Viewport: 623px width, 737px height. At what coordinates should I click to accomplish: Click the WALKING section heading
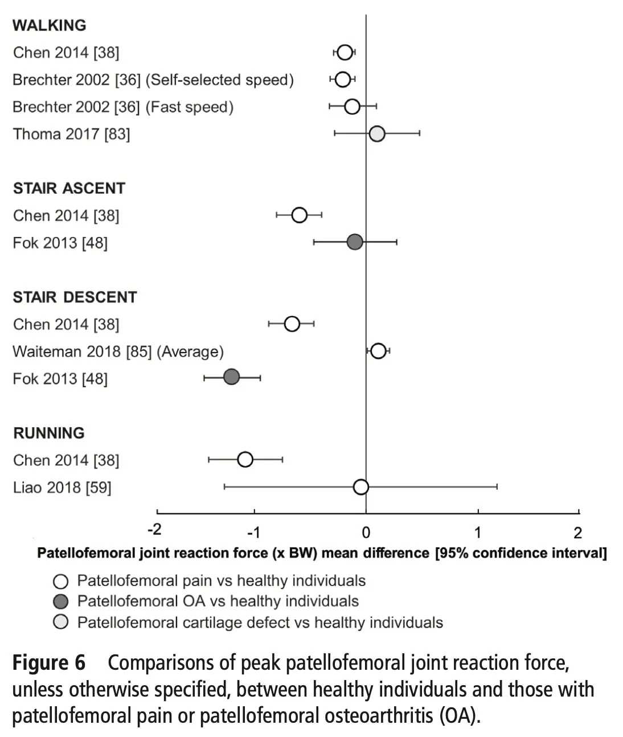(x=49, y=25)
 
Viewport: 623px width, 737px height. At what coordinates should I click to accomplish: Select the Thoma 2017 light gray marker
(x=377, y=134)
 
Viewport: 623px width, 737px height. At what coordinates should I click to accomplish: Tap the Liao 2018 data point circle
(x=361, y=487)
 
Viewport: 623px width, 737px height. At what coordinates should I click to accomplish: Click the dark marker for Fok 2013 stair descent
(x=231, y=377)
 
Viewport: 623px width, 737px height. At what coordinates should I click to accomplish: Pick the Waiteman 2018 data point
(x=378, y=351)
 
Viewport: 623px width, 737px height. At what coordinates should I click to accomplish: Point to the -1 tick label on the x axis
(x=253, y=533)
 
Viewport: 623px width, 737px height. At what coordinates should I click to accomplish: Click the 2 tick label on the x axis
(x=577, y=533)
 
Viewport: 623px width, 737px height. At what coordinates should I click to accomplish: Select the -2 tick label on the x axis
(x=155, y=530)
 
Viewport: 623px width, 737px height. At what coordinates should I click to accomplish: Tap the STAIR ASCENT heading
(x=69, y=189)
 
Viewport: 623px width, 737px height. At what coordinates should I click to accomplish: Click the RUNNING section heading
(x=49, y=433)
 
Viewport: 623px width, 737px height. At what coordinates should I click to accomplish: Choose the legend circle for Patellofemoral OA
(x=60, y=601)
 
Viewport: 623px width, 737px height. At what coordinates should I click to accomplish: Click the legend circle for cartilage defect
(x=60, y=622)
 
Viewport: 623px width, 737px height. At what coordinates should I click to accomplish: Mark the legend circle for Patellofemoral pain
(x=60, y=581)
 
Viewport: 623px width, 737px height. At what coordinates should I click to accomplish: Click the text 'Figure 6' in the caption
(x=49, y=663)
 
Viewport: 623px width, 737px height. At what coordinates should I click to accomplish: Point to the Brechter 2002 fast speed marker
(x=352, y=107)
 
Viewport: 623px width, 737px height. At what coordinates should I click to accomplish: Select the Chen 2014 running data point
(x=245, y=459)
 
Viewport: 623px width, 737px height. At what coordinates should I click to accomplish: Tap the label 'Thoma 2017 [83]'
(x=71, y=134)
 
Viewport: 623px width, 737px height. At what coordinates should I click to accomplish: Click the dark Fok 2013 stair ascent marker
(x=355, y=242)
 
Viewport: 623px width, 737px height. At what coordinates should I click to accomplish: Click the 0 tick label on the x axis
(x=366, y=533)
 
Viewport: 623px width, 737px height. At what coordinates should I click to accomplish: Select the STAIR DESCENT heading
(x=75, y=297)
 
